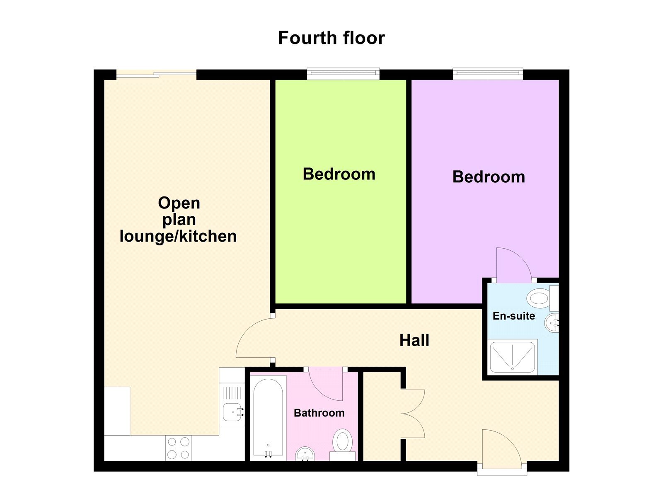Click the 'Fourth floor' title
click(x=331, y=38)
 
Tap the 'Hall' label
click(x=414, y=340)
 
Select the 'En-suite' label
click(x=513, y=316)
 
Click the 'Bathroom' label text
click(x=319, y=413)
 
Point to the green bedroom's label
click(x=339, y=174)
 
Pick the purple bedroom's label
click(x=489, y=177)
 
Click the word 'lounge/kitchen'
click(x=178, y=236)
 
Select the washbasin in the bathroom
click(x=305, y=454)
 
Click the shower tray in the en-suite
click(x=513, y=357)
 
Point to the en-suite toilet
click(x=540, y=298)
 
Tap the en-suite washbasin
click(x=552, y=322)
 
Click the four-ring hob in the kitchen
click(x=178, y=448)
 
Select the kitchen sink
click(x=232, y=412)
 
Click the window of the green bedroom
click(x=343, y=74)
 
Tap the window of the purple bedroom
click(x=488, y=74)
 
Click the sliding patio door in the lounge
click(x=156, y=75)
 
